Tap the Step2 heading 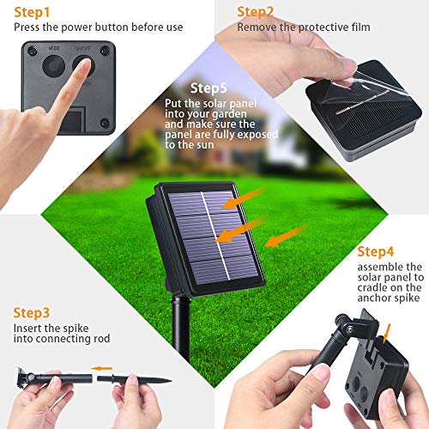click(x=256, y=11)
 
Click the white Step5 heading click(x=209, y=88)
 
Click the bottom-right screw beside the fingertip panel click(x=104, y=123)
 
